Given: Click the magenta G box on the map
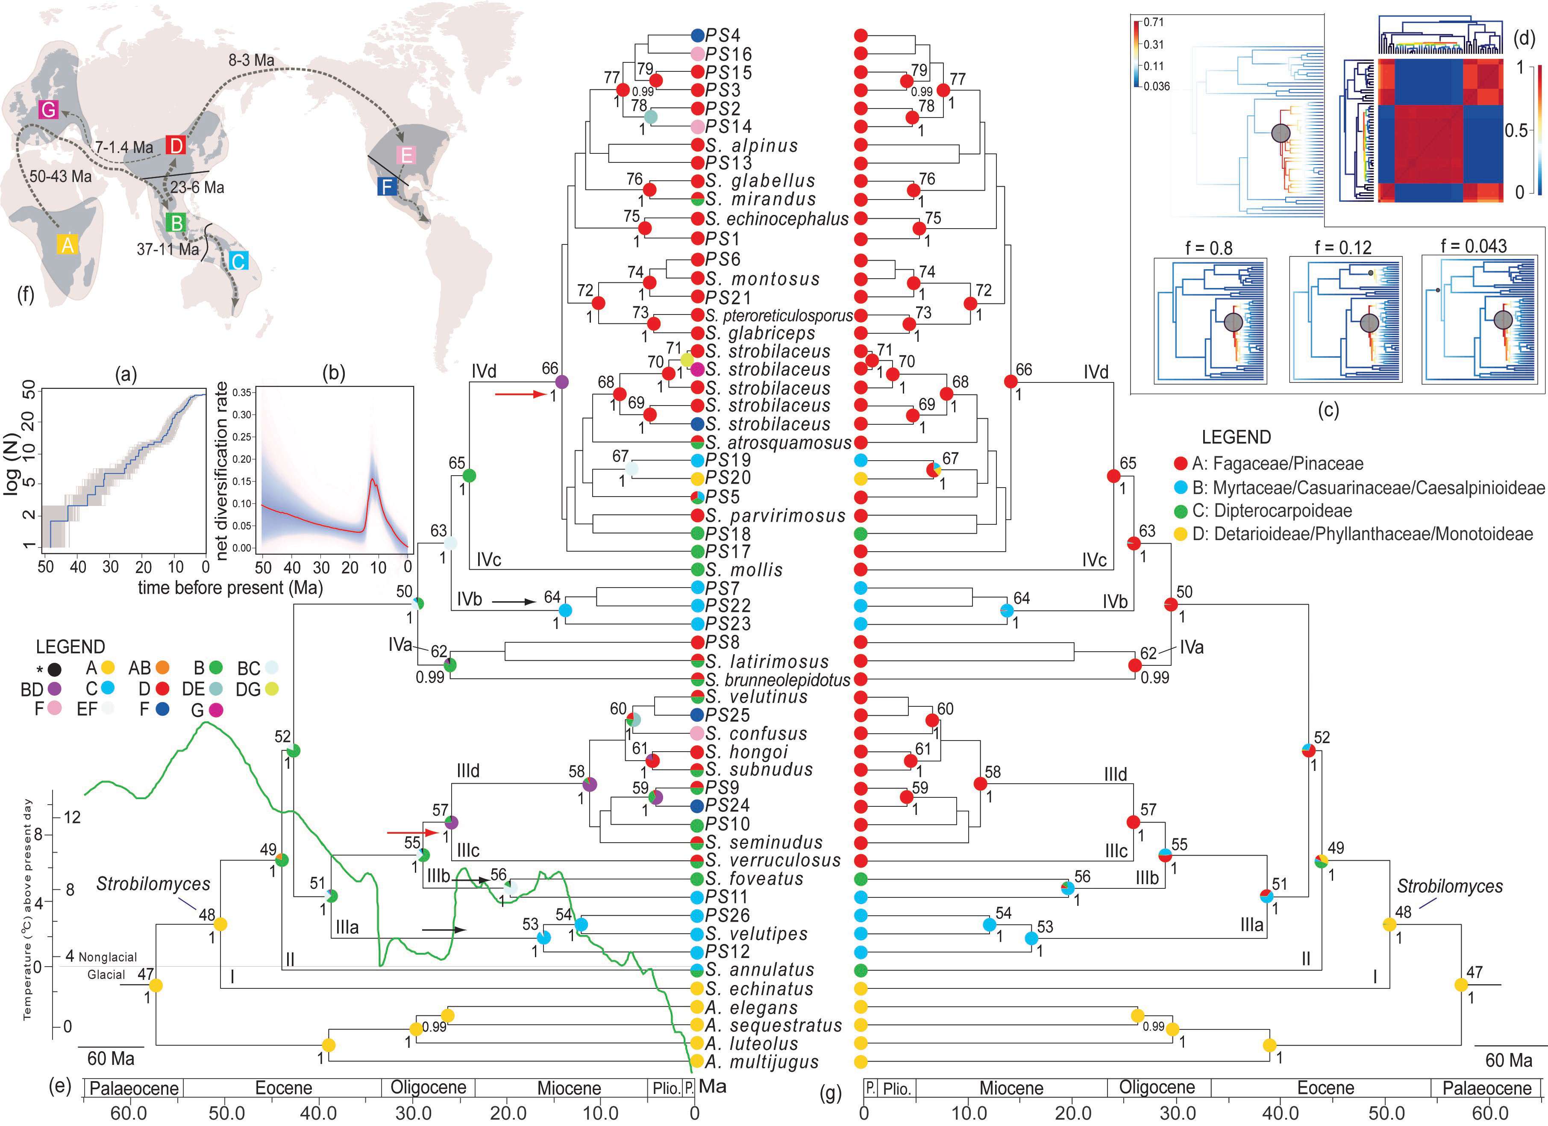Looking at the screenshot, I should click(x=48, y=109).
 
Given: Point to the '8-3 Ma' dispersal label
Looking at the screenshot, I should click(x=251, y=60).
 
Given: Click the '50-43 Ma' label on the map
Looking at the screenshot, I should click(x=60, y=176).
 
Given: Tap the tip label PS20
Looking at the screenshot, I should click(x=728, y=478).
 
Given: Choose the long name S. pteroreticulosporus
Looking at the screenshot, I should click(x=779, y=316).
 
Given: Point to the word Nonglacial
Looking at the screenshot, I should click(x=108, y=957).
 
